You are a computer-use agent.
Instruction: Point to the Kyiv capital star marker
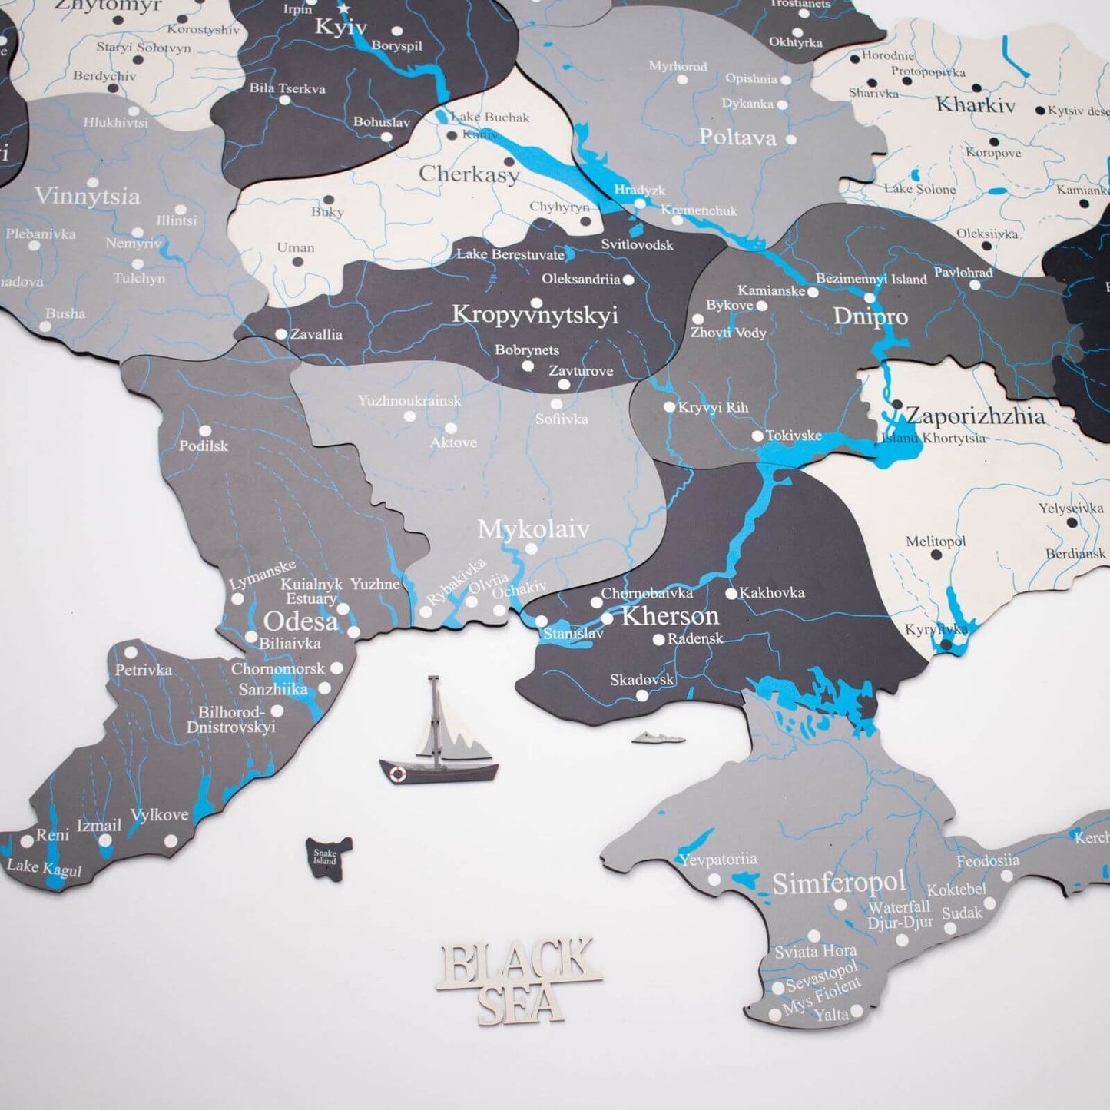[343, 9]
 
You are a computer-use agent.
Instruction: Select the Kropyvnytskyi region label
[535, 314]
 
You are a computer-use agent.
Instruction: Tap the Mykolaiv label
[533, 528]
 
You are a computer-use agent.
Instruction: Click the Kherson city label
[670, 616]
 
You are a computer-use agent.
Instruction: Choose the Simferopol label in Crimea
[839, 883]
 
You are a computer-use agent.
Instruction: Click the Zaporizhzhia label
[976, 416]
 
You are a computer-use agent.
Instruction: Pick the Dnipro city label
[870, 316]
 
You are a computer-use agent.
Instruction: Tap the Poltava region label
[737, 138]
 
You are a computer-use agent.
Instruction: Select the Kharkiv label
[976, 105]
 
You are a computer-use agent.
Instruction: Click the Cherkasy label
[469, 174]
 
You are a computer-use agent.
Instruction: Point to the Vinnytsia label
[87, 196]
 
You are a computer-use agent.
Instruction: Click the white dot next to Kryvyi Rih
[669, 407]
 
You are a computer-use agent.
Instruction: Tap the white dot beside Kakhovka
[731, 593]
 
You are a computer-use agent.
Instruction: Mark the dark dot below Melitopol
[936, 555]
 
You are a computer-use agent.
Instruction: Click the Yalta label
[831, 1015]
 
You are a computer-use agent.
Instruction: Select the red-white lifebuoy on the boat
[397, 774]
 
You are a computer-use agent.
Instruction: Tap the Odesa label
[300, 621]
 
